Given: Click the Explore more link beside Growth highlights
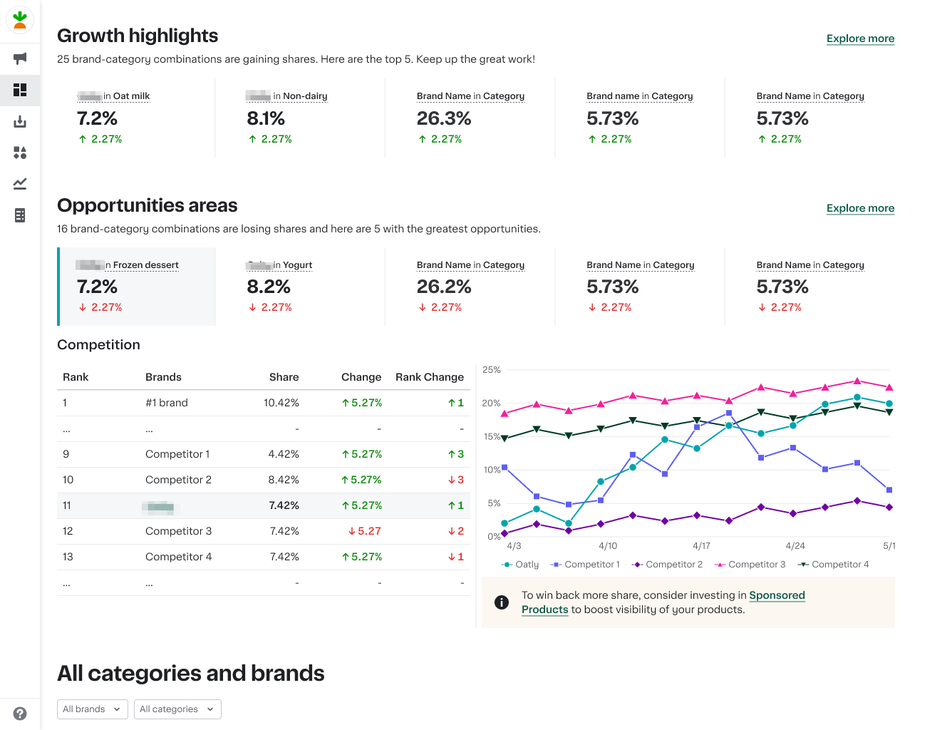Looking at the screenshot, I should [x=860, y=38].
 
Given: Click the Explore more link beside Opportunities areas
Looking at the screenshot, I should [x=860, y=208].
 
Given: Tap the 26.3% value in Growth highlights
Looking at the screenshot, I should [x=443, y=118].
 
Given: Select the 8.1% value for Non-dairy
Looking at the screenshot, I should [x=266, y=118].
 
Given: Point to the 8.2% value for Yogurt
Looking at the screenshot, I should [x=268, y=287].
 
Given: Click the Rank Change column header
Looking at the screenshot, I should [x=429, y=377].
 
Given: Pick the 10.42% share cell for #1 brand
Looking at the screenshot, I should [x=281, y=403].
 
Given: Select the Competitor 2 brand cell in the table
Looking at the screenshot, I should [x=178, y=480].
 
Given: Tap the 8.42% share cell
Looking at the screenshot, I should [x=284, y=480].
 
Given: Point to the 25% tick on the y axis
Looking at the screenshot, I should [x=492, y=370].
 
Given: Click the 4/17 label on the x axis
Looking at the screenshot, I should [x=701, y=546].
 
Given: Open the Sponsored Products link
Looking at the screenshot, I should [x=777, y=595].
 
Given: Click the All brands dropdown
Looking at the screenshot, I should [x=92, y=709].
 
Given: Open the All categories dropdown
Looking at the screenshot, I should [x=177, y=709].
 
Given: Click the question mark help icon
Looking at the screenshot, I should [x=20, y=714].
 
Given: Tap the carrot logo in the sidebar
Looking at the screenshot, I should [x=20, y=20].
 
